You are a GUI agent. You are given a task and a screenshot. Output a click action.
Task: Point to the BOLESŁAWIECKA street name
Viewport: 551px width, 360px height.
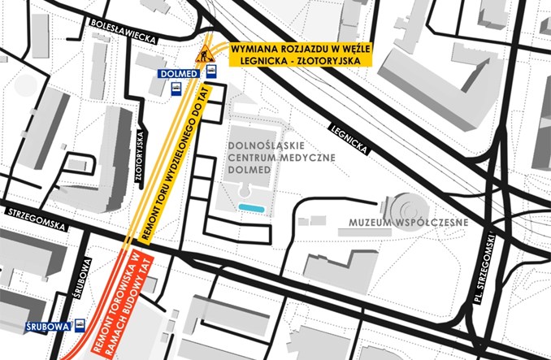coord(124,25)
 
